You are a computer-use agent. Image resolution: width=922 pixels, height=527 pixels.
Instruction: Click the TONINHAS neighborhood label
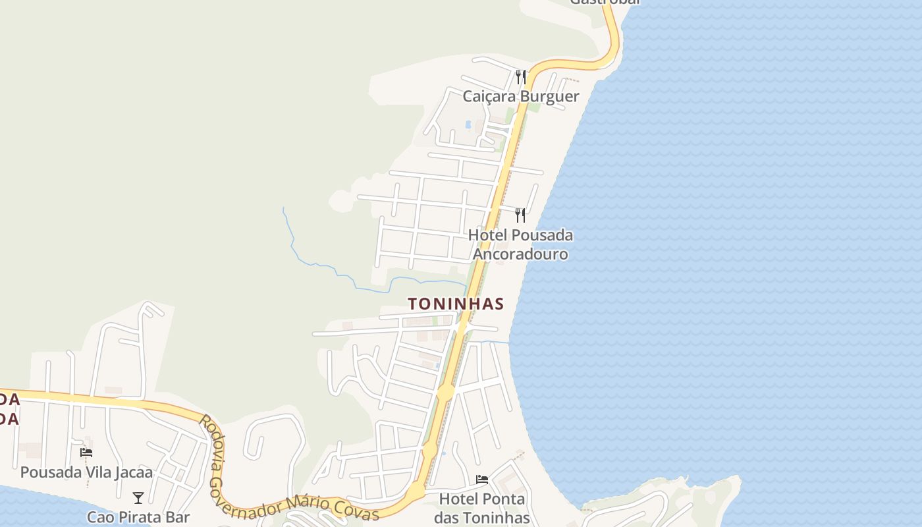click(456, 304)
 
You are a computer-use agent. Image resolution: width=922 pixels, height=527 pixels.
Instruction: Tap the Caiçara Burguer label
click(520, 97)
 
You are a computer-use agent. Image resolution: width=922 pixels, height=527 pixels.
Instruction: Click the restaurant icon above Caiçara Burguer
click(520, 77)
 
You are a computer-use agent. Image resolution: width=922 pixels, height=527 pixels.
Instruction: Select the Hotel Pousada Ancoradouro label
click(520, 244)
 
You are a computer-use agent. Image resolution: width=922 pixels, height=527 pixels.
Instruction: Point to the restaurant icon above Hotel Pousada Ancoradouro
click(520, 215)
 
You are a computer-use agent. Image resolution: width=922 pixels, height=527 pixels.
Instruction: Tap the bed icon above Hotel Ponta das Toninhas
click(482, 480)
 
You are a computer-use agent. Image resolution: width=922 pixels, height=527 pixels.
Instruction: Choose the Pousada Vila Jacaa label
click(86, 472)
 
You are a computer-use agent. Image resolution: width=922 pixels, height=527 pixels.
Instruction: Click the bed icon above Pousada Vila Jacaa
click(86, 453)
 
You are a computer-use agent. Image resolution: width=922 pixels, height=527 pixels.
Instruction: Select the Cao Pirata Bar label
click(138, 517)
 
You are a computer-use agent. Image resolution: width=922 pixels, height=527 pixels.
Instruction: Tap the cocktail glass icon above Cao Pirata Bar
click(138, 498)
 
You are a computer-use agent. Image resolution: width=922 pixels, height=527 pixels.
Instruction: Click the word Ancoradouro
click(520, 254)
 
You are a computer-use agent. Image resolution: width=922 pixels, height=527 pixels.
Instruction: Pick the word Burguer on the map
click(549, 97)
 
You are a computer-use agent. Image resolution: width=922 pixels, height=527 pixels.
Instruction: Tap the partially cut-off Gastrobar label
click(605, 2)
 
